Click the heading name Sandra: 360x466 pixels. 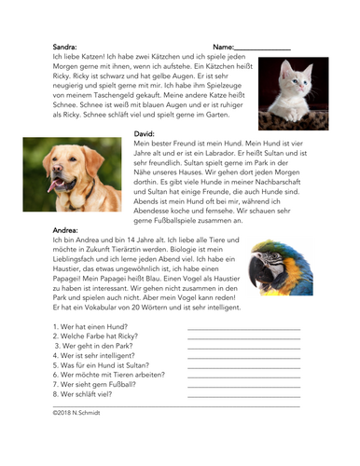click(x=65, y=45)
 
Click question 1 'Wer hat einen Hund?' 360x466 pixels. click(x=90, y=326)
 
